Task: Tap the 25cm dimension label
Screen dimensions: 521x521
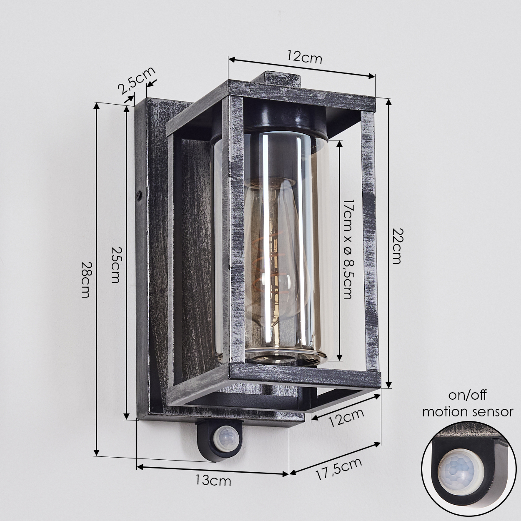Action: (116, 264)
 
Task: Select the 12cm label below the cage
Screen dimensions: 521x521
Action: (346, 421)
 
